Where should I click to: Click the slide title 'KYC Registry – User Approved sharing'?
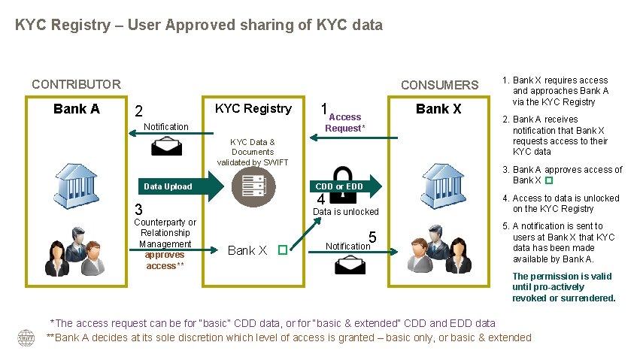pos(199,25)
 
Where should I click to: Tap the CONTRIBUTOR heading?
pos(76,84)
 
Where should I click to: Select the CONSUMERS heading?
pos(439,85)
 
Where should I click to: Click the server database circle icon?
pos(253,186)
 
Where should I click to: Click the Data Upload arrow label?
pos(168,186)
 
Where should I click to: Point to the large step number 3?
pos(138,209)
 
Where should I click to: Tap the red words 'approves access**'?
pos(165,260)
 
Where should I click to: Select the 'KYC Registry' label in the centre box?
pos(253,108)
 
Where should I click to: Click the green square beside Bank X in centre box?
pos(282,250)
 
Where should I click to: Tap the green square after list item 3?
pos(548,181)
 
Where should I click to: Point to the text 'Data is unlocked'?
pos(345,212)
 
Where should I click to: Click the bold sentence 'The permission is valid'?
pos(563,287)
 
